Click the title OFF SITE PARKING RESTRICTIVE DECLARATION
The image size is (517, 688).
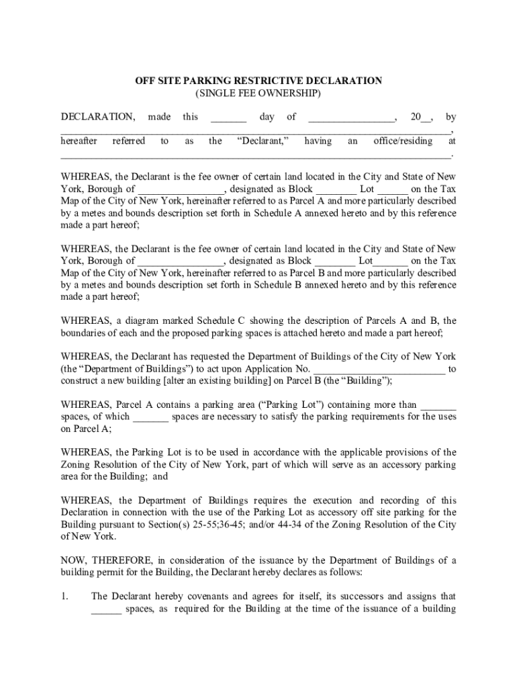258,81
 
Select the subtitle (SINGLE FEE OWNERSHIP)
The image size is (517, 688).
258,93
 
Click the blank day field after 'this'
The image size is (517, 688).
228,118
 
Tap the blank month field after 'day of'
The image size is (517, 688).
351,118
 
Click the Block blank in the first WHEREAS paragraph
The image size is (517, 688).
335,189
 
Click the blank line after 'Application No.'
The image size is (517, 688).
379,369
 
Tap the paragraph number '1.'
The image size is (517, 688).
65,597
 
